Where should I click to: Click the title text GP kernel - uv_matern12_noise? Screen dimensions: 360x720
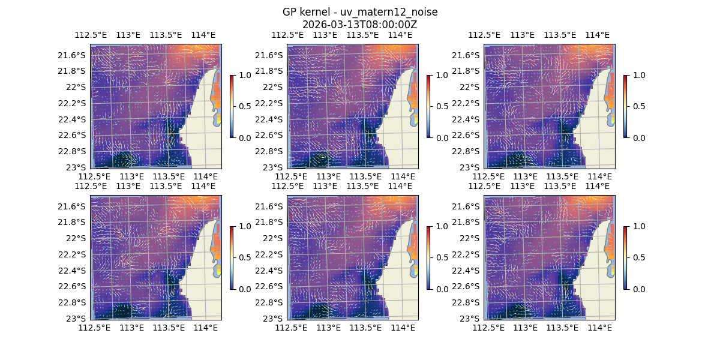[x=360, y=12]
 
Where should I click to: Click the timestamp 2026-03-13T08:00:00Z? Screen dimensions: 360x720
[x=360, y=25]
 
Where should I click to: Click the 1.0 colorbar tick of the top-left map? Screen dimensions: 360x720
[x=245, y=75]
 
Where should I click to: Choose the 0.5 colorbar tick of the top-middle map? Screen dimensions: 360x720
[x=442, y=106]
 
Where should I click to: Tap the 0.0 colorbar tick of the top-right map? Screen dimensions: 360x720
[x=638, y=137]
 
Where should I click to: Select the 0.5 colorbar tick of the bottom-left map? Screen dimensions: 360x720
[x=245, y=257]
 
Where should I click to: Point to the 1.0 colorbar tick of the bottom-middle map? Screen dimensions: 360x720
[x=442, y=226]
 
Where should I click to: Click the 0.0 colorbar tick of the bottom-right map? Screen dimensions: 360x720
[x=638, y=289]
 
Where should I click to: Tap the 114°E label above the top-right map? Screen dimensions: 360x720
[x=597, y=35]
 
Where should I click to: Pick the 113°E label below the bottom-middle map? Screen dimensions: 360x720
[x=329, y=328]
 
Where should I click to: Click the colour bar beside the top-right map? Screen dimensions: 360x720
[x=626, y=106]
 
